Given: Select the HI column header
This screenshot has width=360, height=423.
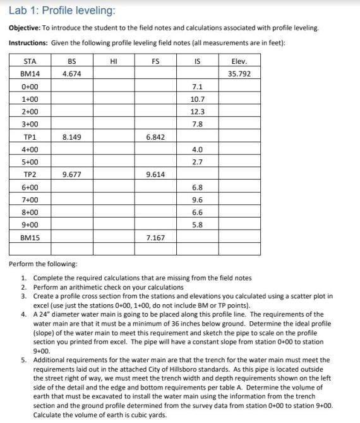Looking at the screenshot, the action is pyautogui.click(x=114, y=61).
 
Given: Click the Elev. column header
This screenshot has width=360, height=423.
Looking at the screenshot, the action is pyautogui.click(x=239, y=61).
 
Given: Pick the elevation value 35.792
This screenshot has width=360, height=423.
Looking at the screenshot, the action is pyautogui.click(x=239, y=74).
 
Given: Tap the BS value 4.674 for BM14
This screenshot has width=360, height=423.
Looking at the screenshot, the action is pyautogui.click(x=71, y=74).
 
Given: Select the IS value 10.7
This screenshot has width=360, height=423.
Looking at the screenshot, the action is pyautogui.click(x=197, y=99).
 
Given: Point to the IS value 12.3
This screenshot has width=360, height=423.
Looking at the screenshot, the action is pyautogui.click(x=197, y=112).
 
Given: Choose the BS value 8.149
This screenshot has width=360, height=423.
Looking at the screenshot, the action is pyautogui.click(x=71, y=137).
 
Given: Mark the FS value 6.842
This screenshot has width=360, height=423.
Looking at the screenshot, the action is pyautogui.click(x=155, y=137).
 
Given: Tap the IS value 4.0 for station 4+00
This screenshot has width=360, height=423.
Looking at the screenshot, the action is pyautogui.click(x=197, y=149).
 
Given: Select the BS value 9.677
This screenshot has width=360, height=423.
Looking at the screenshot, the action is pyautogui.click(x=71, y=175).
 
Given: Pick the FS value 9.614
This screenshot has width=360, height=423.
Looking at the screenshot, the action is pyautogui.click(x=155, y=175).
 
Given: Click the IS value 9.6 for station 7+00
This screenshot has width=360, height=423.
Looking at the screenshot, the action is pyautogui.click(x=197, y=200).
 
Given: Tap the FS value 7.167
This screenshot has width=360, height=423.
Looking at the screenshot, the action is pyautogui.click(x=155, y=237).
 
